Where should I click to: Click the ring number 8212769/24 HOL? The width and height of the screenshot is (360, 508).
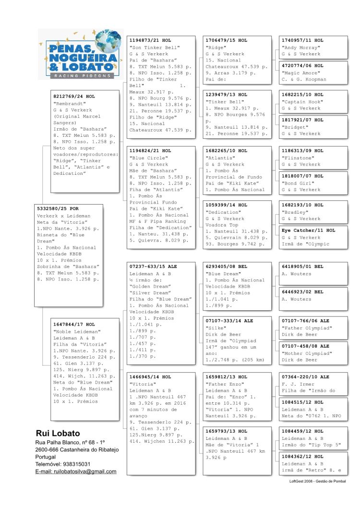74,97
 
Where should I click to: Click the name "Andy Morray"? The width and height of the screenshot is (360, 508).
300,48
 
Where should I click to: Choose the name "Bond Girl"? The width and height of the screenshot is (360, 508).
298,183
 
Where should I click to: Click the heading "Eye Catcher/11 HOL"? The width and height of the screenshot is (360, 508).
308,230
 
